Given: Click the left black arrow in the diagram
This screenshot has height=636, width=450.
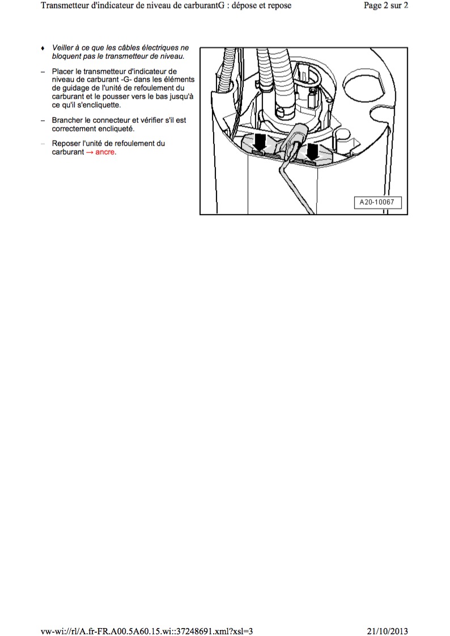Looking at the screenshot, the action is click(x=260, y=142).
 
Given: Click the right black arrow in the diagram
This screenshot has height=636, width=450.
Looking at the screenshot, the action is click(x=312, y=151).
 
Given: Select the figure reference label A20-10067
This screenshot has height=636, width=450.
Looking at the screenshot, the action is click(x=377, y=202).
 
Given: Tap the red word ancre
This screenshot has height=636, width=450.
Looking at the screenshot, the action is click(x=106, y=152).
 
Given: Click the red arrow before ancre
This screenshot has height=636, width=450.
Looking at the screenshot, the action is click(x=90, y=152).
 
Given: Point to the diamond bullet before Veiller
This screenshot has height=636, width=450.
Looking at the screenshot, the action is click(x=43, y=48).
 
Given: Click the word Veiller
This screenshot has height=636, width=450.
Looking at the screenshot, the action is click(x=62, y=48).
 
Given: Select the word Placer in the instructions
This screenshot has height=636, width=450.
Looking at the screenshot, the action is click(x=62, y=71).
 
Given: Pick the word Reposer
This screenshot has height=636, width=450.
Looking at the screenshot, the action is click(x=66, y=144).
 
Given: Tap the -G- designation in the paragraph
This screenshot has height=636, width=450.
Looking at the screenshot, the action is click(x=126, y=80).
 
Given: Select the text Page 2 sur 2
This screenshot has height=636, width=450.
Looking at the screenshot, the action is click(x=386, y=6).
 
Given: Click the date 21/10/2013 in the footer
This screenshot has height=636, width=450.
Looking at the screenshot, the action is click(x=388, y=631).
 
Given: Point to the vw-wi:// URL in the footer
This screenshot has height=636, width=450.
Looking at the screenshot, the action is click(x=147, y=631).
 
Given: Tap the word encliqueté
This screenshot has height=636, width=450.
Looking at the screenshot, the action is click(x=114, y=129).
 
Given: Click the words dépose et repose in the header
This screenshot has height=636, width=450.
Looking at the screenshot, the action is click(x=261, y=6).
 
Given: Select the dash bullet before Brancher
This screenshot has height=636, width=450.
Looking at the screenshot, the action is click(x=43, y=121).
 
